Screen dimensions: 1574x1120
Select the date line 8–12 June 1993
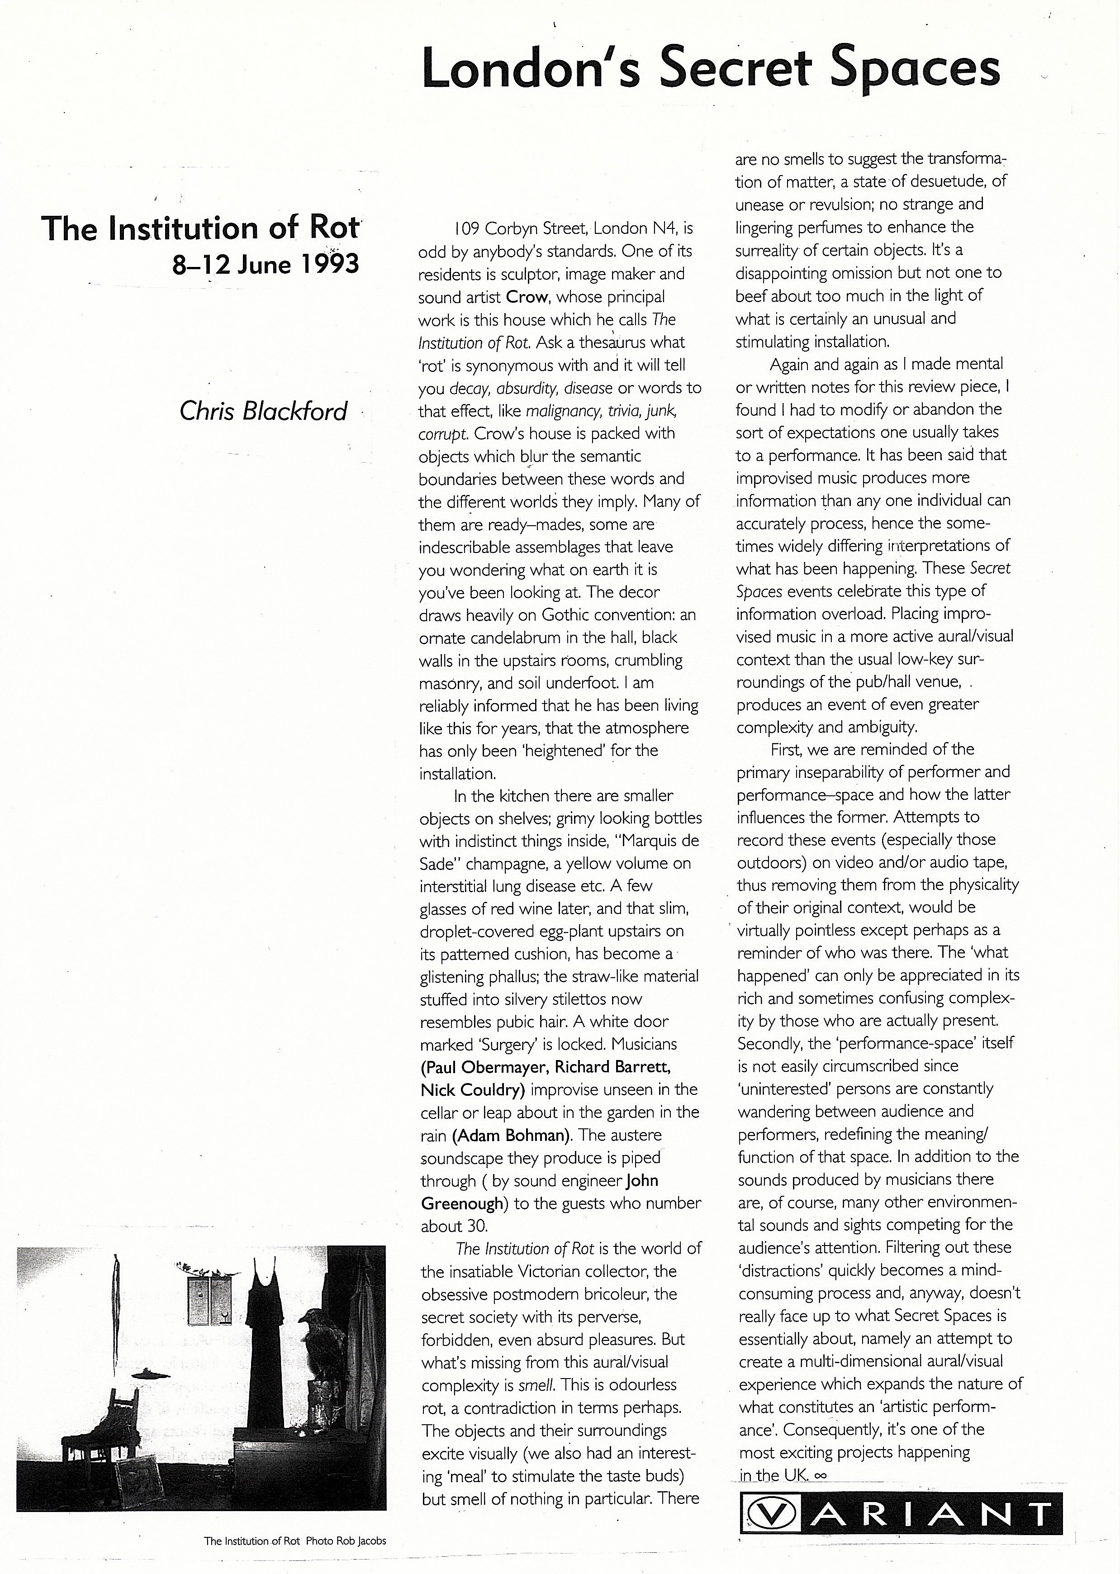[x=266, y=264]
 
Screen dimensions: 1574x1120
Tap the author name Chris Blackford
[x=263, y=411]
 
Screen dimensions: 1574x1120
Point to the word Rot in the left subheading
[x=338, y=228]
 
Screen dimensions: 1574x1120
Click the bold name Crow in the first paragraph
[x=527, y=297]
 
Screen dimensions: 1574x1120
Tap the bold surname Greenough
[x=462, y=1203]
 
